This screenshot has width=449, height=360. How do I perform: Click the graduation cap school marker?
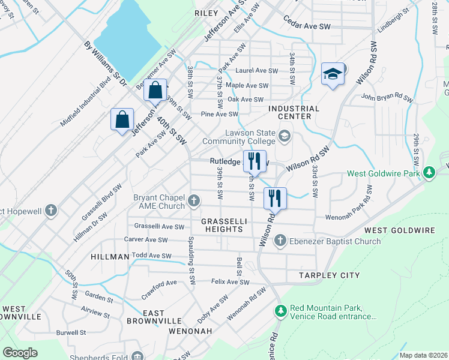tap(333, 74)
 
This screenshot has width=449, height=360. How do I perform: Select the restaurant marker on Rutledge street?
tap(254, 161)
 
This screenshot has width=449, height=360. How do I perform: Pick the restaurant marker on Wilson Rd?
tap(275, 198)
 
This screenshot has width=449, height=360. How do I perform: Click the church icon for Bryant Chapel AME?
tap(194, 201)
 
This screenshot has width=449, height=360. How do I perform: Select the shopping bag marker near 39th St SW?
tap(155, 91)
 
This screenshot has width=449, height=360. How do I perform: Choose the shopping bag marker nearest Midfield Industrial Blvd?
tap(122, 119)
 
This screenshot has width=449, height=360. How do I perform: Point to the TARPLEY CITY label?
tap(330, 275)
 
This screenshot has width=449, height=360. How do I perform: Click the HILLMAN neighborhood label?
tap(110, 257)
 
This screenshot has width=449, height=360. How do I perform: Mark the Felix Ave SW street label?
tap(230, 281)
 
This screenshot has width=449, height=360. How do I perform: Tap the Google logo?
tap(20, 353)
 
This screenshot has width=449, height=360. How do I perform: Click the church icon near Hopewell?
tap(52, 211)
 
